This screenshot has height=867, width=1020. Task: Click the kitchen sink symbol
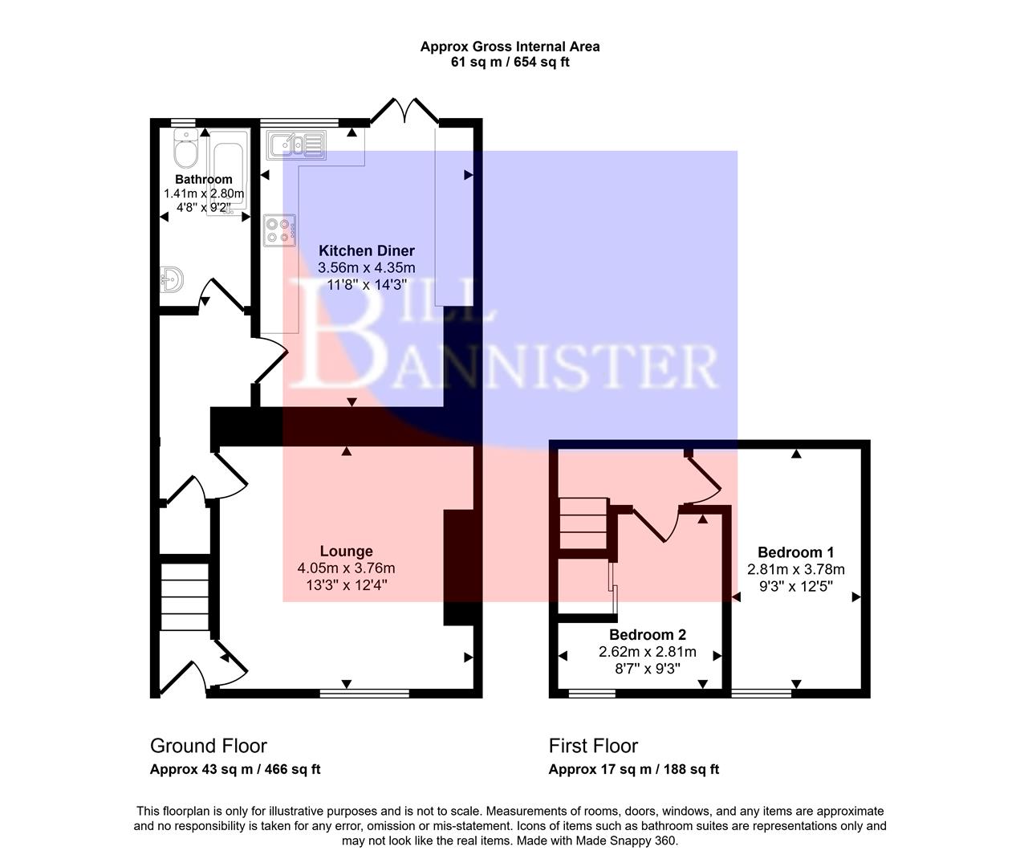(x=295, y=144)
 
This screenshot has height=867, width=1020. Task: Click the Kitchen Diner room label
(x=367, y=250)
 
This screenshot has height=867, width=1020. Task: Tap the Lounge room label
(x=346, y=551)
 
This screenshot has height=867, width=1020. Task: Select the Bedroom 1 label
(x=795, y=552)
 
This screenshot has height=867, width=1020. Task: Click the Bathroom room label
(x=204, y=179)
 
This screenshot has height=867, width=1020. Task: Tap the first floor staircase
(x=583, y=523)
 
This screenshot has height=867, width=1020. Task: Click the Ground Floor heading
(x=209, y=746)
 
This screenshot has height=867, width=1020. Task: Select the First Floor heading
(x=593, y=746)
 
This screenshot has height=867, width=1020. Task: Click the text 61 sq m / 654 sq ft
(x=510, y=63)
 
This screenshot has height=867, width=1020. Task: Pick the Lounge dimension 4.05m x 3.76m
(x=346, y=568)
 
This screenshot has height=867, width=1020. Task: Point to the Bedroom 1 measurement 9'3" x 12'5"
(x=795, y=587)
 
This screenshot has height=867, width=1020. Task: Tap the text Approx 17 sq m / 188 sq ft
(x=633, y=769)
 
